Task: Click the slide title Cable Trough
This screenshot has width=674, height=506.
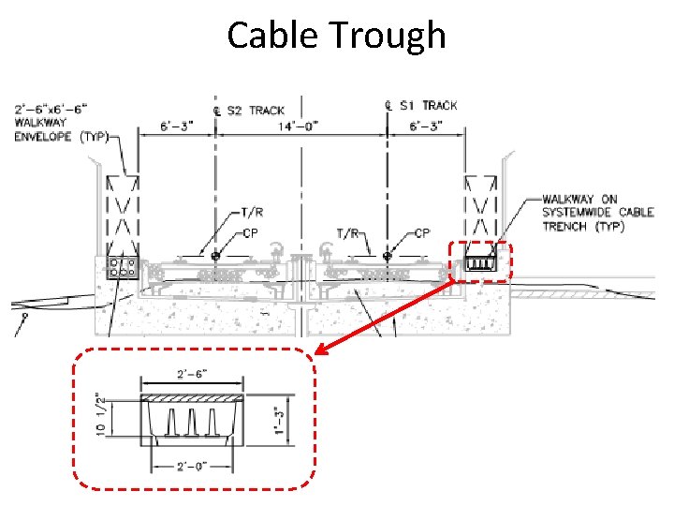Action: [x=336, y=36]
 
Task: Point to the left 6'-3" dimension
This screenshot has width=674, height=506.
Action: [x=177, y=126]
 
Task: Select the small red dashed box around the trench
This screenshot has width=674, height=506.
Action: [x=479, y=262]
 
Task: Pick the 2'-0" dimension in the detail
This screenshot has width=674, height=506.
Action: [x=193, y=466]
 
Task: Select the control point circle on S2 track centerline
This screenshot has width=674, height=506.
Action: [x=216, y=254]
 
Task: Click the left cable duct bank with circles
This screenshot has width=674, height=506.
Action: [x=121, y=267]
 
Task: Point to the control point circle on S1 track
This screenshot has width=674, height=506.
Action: [x=388, y=254]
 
